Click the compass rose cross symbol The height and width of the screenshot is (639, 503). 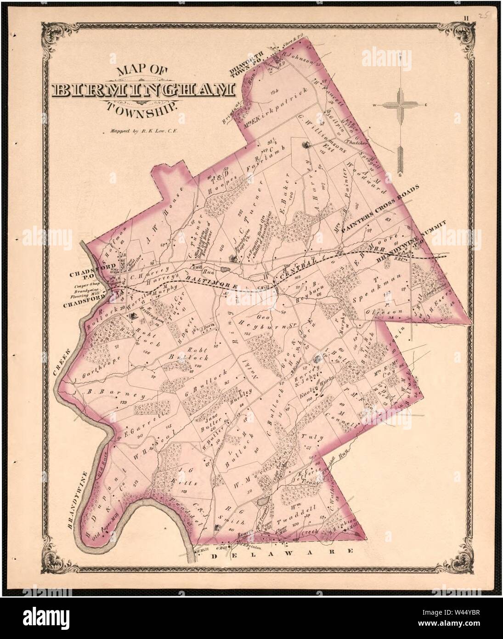point(401,105)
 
